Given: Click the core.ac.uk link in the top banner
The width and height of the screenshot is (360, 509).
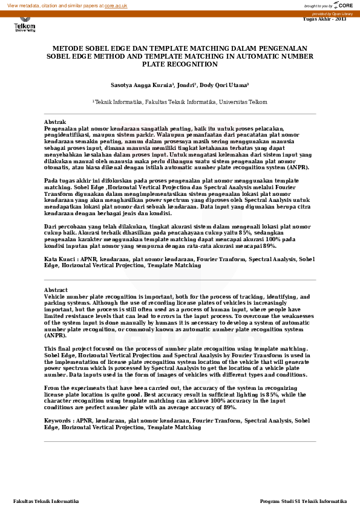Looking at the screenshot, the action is tap(116, 5).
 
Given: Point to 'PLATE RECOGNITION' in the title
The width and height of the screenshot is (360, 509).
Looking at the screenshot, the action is tap(180, 63).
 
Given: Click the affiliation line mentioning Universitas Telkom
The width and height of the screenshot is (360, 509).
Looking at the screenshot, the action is tap(180, 103).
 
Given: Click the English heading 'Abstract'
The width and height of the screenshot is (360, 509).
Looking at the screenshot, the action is tap(56, 290).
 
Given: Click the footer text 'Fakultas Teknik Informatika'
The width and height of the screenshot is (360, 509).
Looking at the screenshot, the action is tap(46, 501).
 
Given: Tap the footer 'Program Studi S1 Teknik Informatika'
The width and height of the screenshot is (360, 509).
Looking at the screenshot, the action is tap(303, 501).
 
